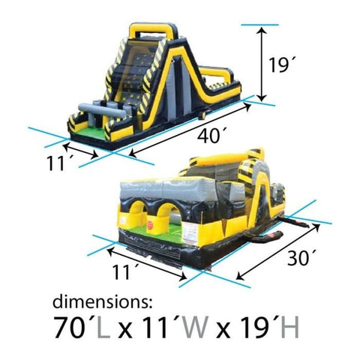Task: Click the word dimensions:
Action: [x=102, y=303]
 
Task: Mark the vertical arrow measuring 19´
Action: [x=261, y=64]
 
